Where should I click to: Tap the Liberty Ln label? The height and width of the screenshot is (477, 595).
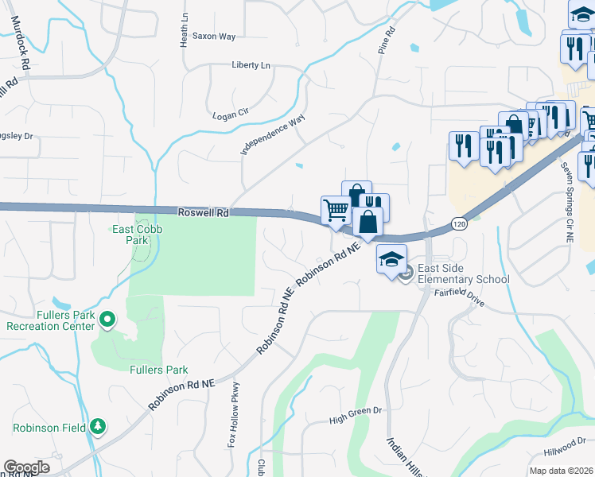(x=251, y=65)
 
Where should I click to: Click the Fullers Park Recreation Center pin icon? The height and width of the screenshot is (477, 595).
(x=108, y=320)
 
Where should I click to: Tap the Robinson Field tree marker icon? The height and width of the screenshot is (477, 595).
(x=98, y=427)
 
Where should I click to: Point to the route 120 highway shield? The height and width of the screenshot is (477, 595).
(x=459, y=224)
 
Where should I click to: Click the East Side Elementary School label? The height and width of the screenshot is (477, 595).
(x=463, y=274)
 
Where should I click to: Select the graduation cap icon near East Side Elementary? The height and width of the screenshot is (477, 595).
(x=391, y=260)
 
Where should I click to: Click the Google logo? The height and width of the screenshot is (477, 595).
(x=26, y=467)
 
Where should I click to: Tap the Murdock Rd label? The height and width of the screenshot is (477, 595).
(x=20, y=39)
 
